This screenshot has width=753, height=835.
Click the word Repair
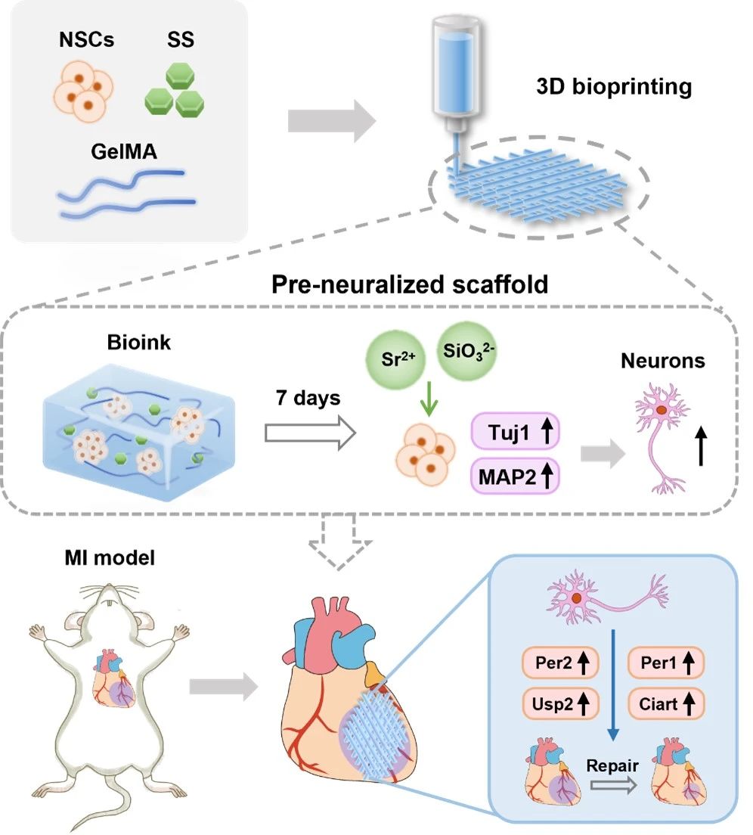[x=612, y=765]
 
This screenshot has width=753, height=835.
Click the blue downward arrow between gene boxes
[x=613, y=681]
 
